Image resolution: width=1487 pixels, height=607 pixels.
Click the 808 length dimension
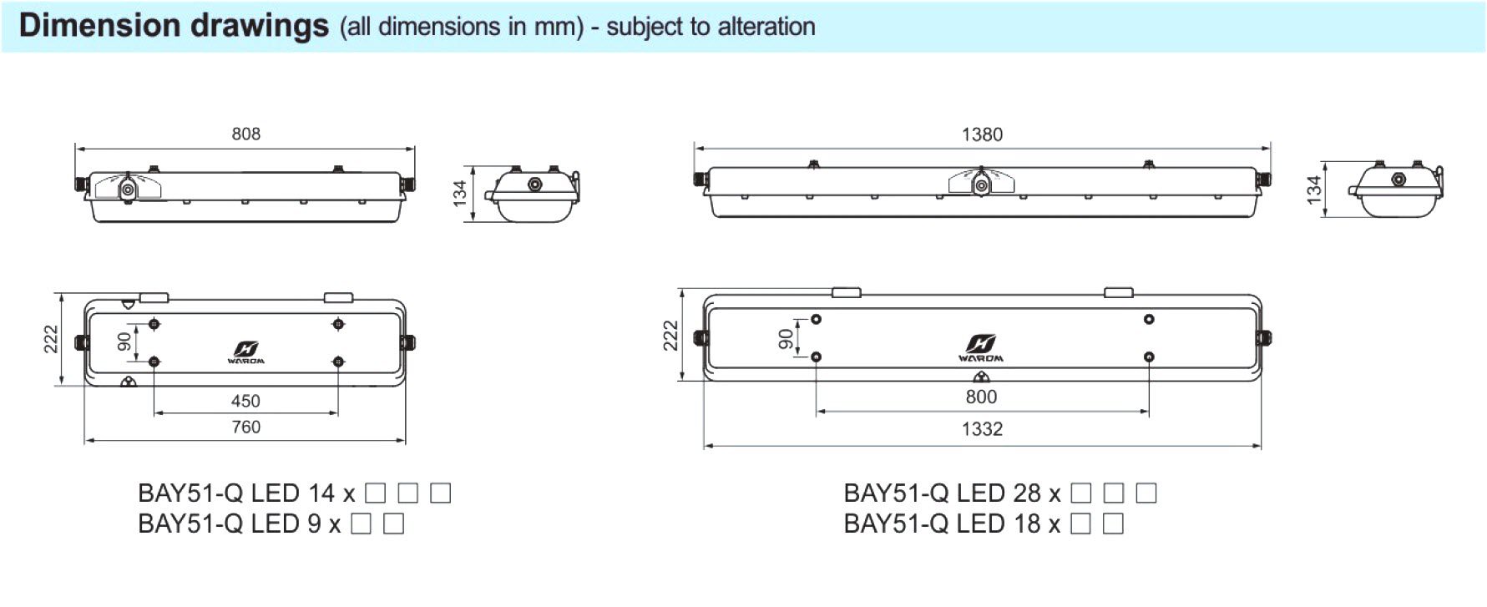point(245,134)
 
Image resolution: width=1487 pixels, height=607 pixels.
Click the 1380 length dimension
point(982,134)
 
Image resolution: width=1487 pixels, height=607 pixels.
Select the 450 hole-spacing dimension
point(245,401)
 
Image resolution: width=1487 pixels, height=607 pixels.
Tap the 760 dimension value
point(245,427)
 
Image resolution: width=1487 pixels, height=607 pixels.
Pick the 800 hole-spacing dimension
point(981,397)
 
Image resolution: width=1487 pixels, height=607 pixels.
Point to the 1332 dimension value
point(982,429)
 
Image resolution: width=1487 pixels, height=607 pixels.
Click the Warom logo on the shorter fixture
point(245,352)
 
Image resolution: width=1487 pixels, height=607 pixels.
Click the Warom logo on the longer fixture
point(981,347)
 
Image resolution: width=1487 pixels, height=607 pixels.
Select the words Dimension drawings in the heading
point(174,26)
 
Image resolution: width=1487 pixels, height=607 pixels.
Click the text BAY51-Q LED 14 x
point(246,493)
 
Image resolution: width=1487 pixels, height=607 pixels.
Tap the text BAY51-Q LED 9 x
point(239,524)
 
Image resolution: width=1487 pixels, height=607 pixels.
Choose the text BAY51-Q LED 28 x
point(952,493)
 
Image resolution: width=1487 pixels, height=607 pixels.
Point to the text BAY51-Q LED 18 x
point(952,524)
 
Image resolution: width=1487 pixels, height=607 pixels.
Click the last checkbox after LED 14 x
point(440,493)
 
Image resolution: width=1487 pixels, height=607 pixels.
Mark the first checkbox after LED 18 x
point(1080,524)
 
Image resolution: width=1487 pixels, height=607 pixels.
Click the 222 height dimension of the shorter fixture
point(51,339)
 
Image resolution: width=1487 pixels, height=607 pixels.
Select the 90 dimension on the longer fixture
point(786,338)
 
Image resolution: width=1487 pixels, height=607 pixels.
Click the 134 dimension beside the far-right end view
point(1314,190)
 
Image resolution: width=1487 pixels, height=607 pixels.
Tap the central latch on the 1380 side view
point(982,184)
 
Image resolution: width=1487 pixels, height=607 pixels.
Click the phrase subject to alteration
point(711,27)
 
